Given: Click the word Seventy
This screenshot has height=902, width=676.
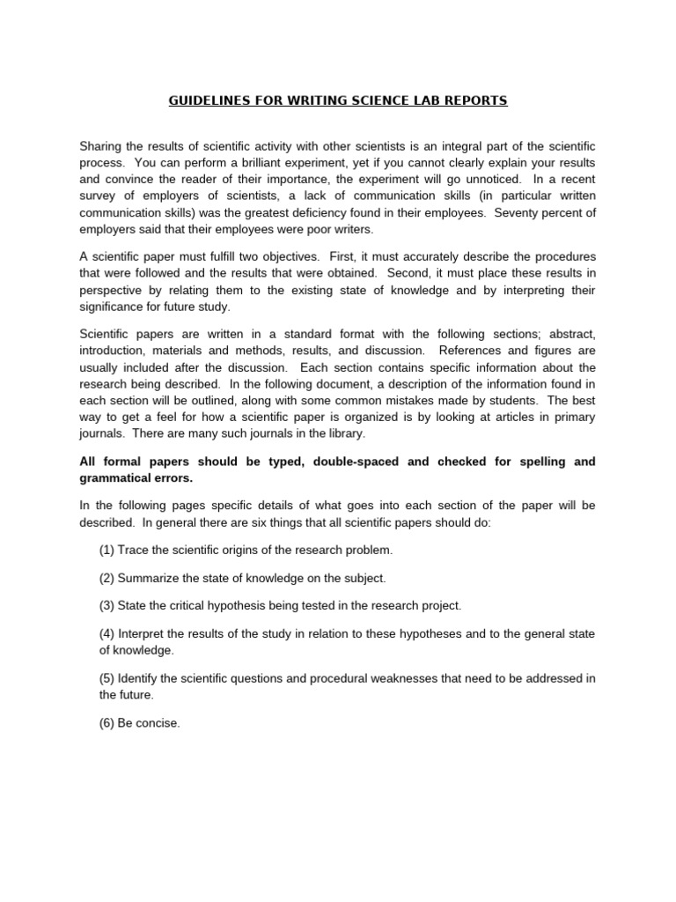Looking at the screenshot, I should coord(518,213).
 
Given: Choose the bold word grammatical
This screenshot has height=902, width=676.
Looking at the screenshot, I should coord(116,478).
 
